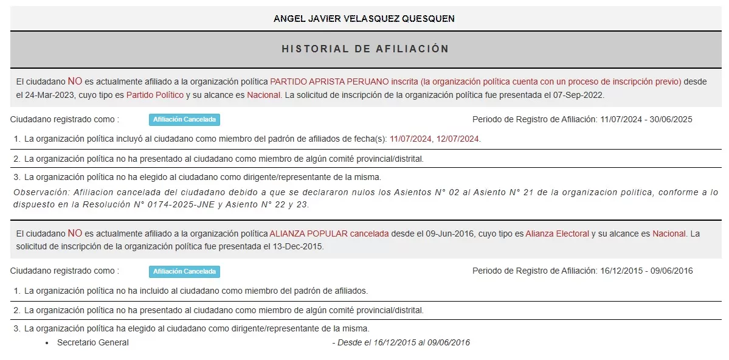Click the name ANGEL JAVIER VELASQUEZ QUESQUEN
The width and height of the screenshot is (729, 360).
(364, 18)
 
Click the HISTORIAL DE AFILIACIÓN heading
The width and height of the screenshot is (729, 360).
(365, 49)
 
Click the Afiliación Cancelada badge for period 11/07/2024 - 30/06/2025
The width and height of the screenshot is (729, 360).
(184, 120)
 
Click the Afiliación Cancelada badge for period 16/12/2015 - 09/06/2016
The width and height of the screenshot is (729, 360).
(184, 272)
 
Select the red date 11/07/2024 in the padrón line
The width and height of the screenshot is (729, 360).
(410, 139)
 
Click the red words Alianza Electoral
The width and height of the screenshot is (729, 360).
(558, 234)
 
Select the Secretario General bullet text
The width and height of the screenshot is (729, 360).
(93, 342)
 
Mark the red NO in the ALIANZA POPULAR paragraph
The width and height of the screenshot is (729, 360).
(75, 233)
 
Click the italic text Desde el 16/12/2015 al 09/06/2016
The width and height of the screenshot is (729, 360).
(401, 342)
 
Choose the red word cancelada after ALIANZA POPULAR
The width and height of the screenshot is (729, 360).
(369, 234)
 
